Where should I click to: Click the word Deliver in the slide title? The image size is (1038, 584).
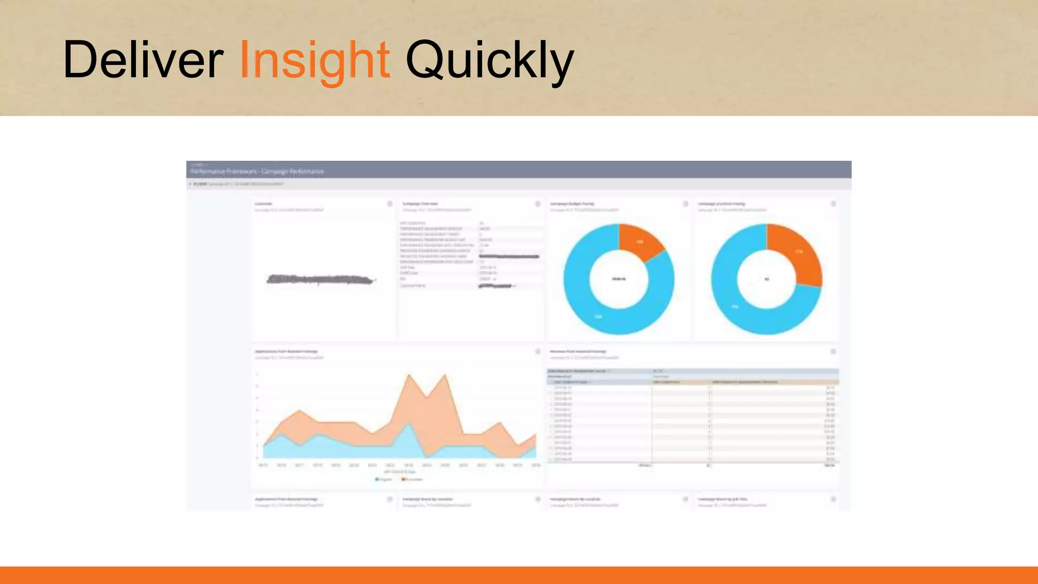pyautogui.click(x=143, y=60)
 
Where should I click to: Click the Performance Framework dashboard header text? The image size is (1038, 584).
pyautogui.click(x=257, y=171)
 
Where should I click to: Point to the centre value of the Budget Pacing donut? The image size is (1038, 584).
pyautogui.click(x=619, y=279)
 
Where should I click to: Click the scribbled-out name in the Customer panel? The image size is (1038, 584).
pyautogui.click(x=320, y=279)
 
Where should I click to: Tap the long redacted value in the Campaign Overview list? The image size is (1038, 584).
pyautogui.click(x=509, y=257)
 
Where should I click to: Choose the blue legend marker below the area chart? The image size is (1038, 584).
pyautogui.click(x=377, y=479)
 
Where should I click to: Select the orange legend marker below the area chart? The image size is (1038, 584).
pyautogui.click(x=404, y=479)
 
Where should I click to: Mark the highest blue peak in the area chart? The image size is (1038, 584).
pyautogui.click(x=408, y=424)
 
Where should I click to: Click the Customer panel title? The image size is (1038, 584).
pyautogui.click(x=263, y=204)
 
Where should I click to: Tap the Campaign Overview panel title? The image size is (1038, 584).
pyautogui.click(x=420, y=204)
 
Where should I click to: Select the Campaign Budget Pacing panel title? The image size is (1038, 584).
pyautogui.click(x=572, y=204)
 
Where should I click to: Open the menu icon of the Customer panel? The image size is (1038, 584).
pyautogui.click(x=390, y=204)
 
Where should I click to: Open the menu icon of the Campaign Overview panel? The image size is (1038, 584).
pyautogui.click(x=538, y=204)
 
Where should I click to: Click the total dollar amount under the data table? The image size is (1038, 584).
pyautogui.click(x=829, y=465)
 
